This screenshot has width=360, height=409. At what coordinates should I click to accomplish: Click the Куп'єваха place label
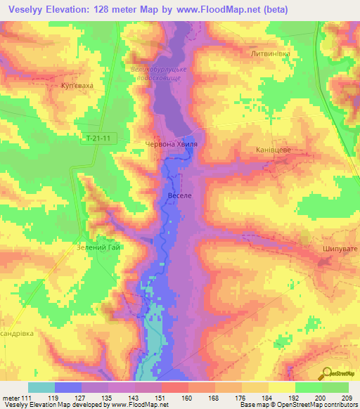coord(77,85)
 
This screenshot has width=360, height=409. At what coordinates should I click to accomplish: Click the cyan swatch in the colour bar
coord(41,387)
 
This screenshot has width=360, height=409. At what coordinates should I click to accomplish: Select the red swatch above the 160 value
coord(174,387)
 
